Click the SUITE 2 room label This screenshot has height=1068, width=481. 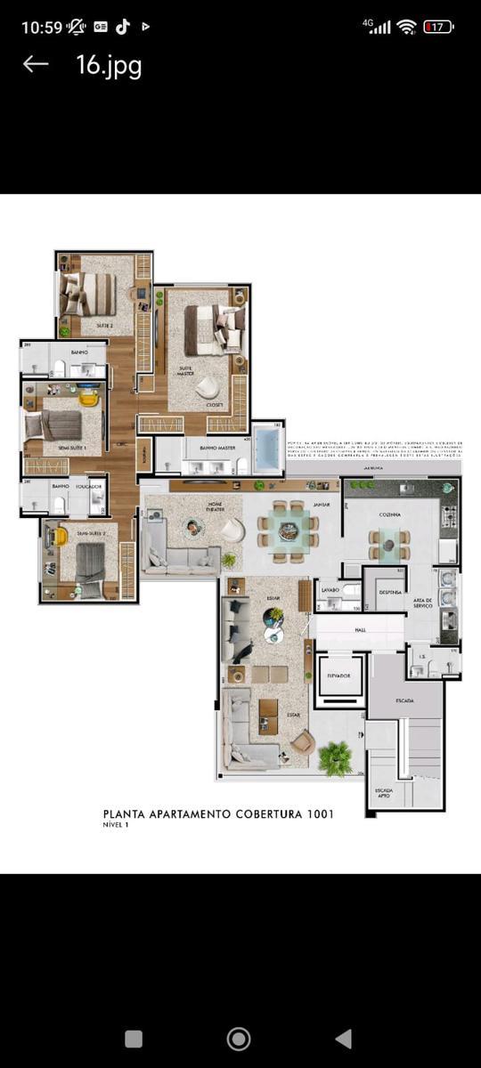103,327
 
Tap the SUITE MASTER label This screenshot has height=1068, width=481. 186,370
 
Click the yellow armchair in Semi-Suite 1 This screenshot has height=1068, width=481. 86,397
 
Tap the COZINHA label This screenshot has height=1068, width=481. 388,514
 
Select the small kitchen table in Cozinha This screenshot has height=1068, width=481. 388,542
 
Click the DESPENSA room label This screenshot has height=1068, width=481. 390,591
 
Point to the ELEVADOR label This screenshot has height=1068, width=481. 338,676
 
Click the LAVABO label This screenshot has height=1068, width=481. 330,589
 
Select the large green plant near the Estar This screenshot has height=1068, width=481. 336,757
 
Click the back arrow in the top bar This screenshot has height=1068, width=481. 35,64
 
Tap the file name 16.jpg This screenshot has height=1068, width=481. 109,65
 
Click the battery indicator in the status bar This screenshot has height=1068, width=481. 438,27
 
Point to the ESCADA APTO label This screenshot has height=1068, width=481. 384,791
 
